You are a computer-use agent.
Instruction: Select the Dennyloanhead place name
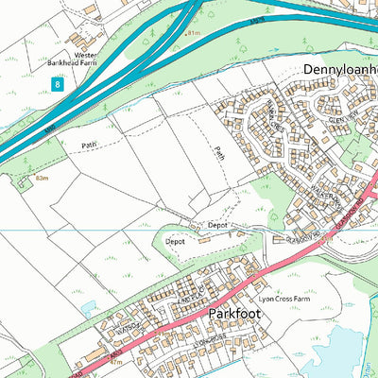339,70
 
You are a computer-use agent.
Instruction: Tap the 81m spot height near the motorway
195,33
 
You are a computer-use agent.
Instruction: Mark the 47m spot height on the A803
116,361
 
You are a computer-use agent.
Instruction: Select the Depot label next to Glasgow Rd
218,226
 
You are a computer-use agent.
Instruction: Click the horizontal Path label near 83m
89,146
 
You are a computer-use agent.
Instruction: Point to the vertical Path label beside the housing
219,151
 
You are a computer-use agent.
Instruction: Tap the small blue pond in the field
90,307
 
